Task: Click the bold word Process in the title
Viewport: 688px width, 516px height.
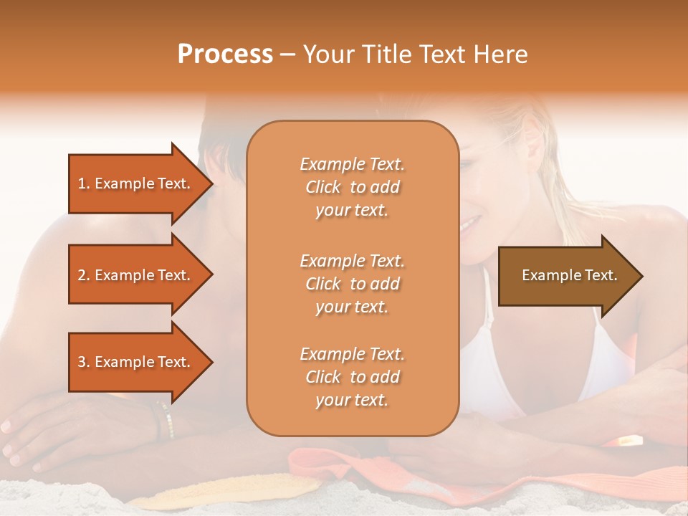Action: coord(225,54)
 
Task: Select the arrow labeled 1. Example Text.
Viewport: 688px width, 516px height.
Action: coord(136,183)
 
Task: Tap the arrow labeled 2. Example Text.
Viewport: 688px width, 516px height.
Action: coord(136,275)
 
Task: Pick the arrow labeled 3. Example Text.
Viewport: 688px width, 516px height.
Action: coord(136,362)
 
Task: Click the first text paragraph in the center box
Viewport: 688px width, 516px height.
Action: coord(352,187)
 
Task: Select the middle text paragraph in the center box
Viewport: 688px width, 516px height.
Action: coord(352,284)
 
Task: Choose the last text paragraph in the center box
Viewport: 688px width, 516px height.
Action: coord(352,377)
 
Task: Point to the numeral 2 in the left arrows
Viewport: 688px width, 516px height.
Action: coord(82,275)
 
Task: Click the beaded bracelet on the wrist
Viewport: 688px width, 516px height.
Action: coord(166,420)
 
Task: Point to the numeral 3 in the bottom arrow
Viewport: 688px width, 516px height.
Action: coord(82,362)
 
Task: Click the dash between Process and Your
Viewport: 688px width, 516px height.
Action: coord(288,55)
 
